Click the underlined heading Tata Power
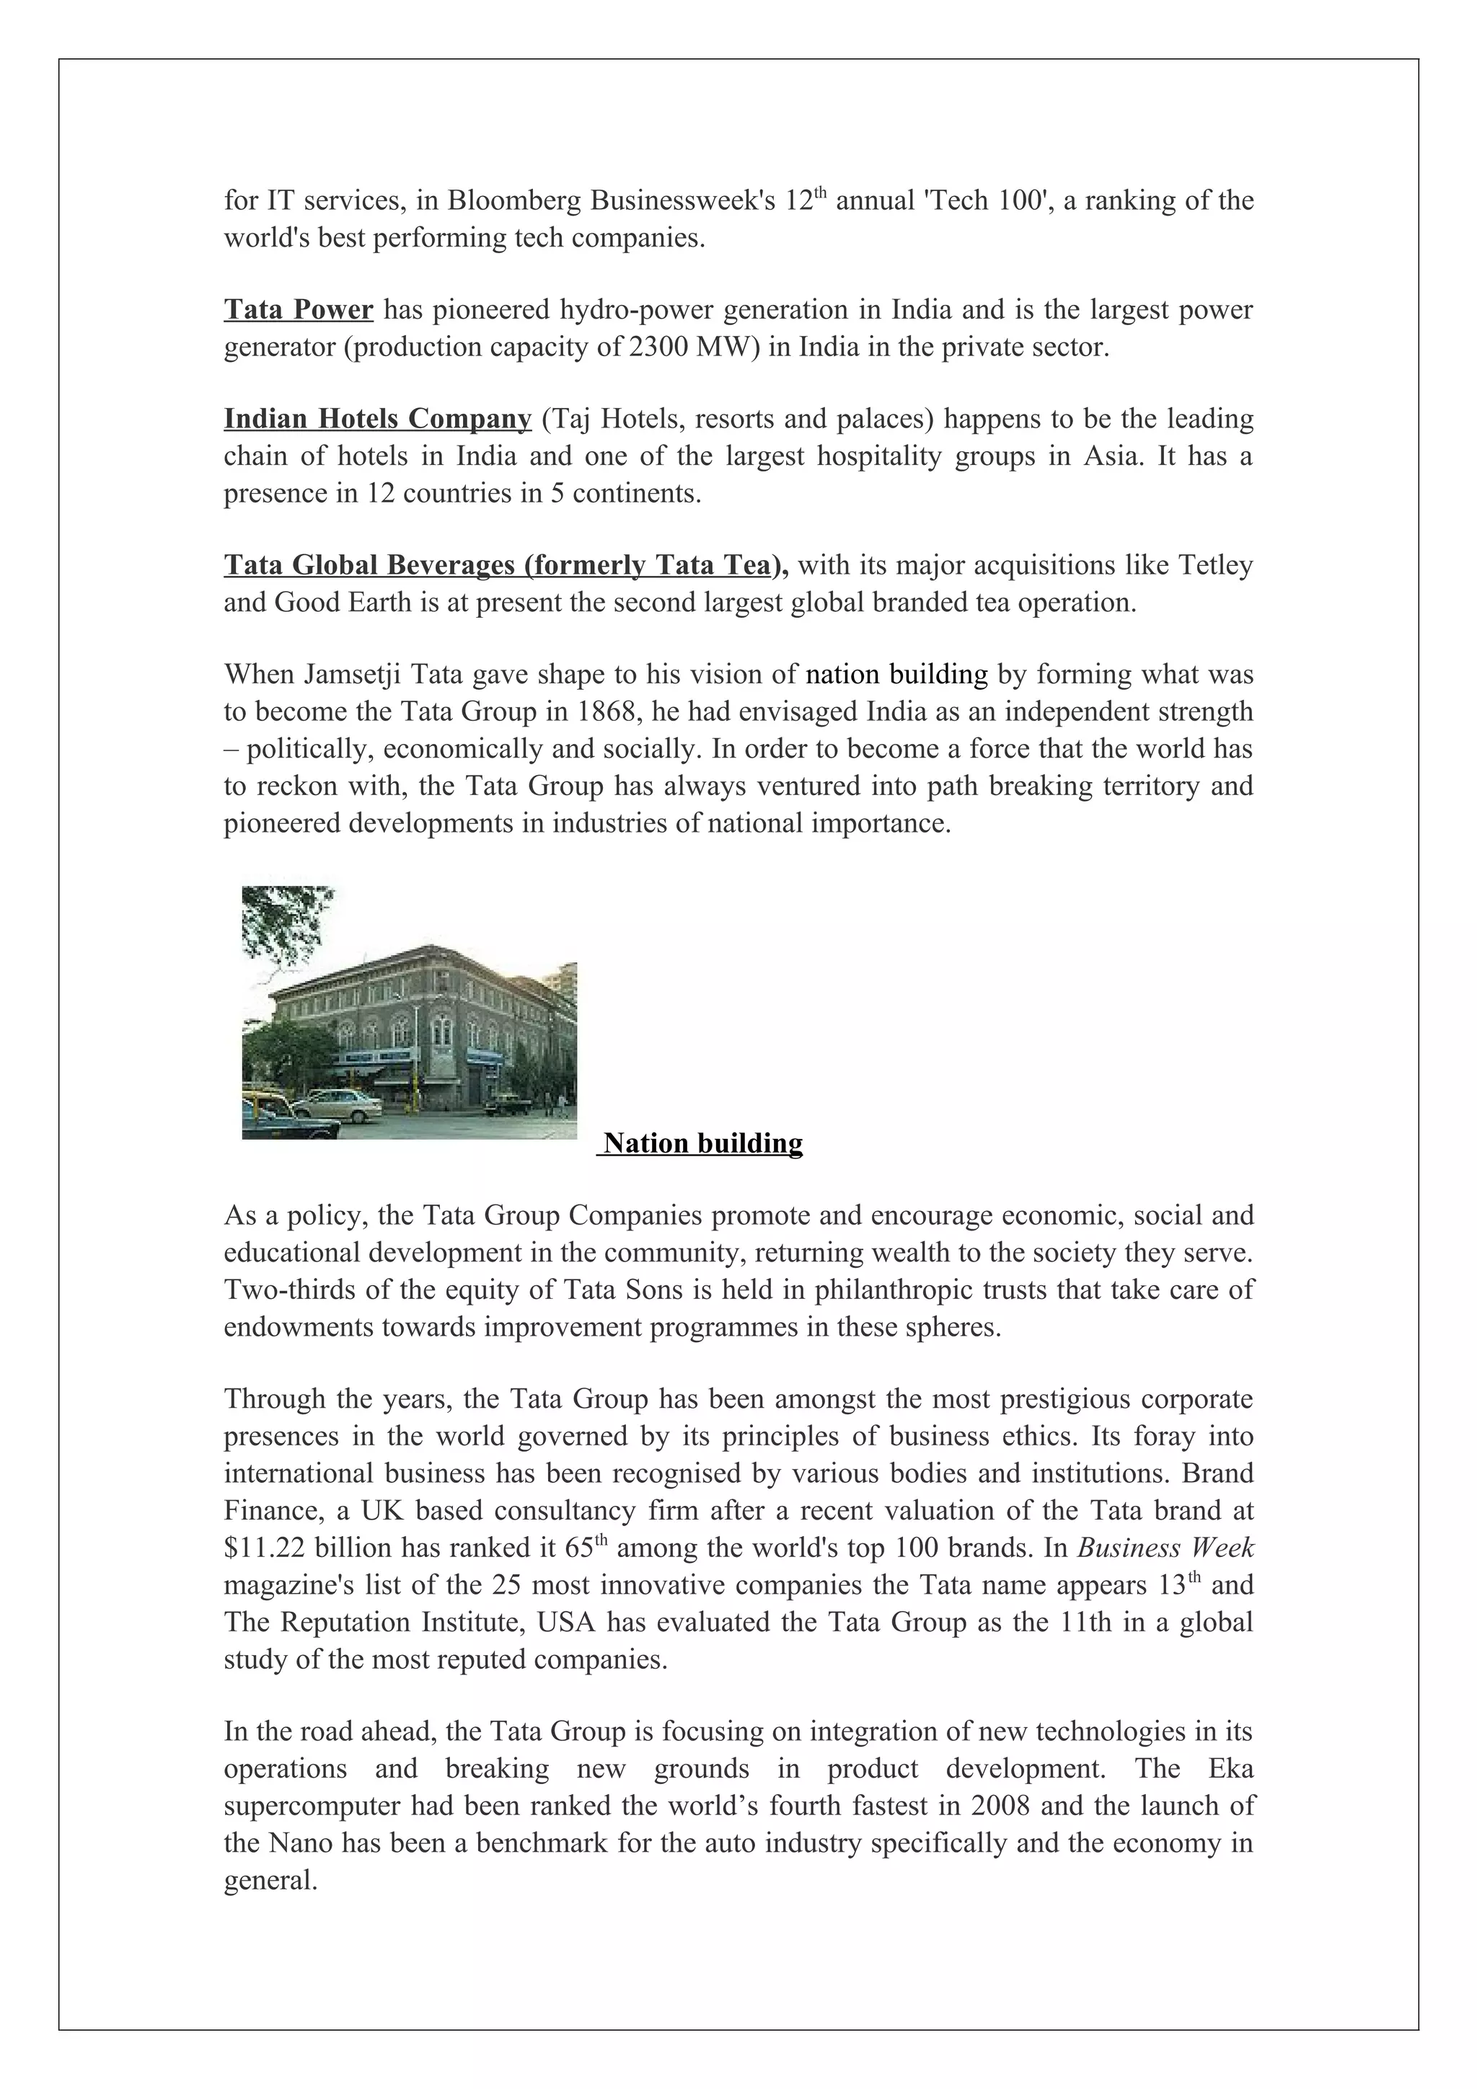tap(299, 310)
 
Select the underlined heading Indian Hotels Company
tap(378, 420)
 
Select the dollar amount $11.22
tap(265, 1548)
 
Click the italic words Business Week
tap(1165, 1548)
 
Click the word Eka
tap(1230, 1769)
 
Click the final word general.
tap(270, 1881)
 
